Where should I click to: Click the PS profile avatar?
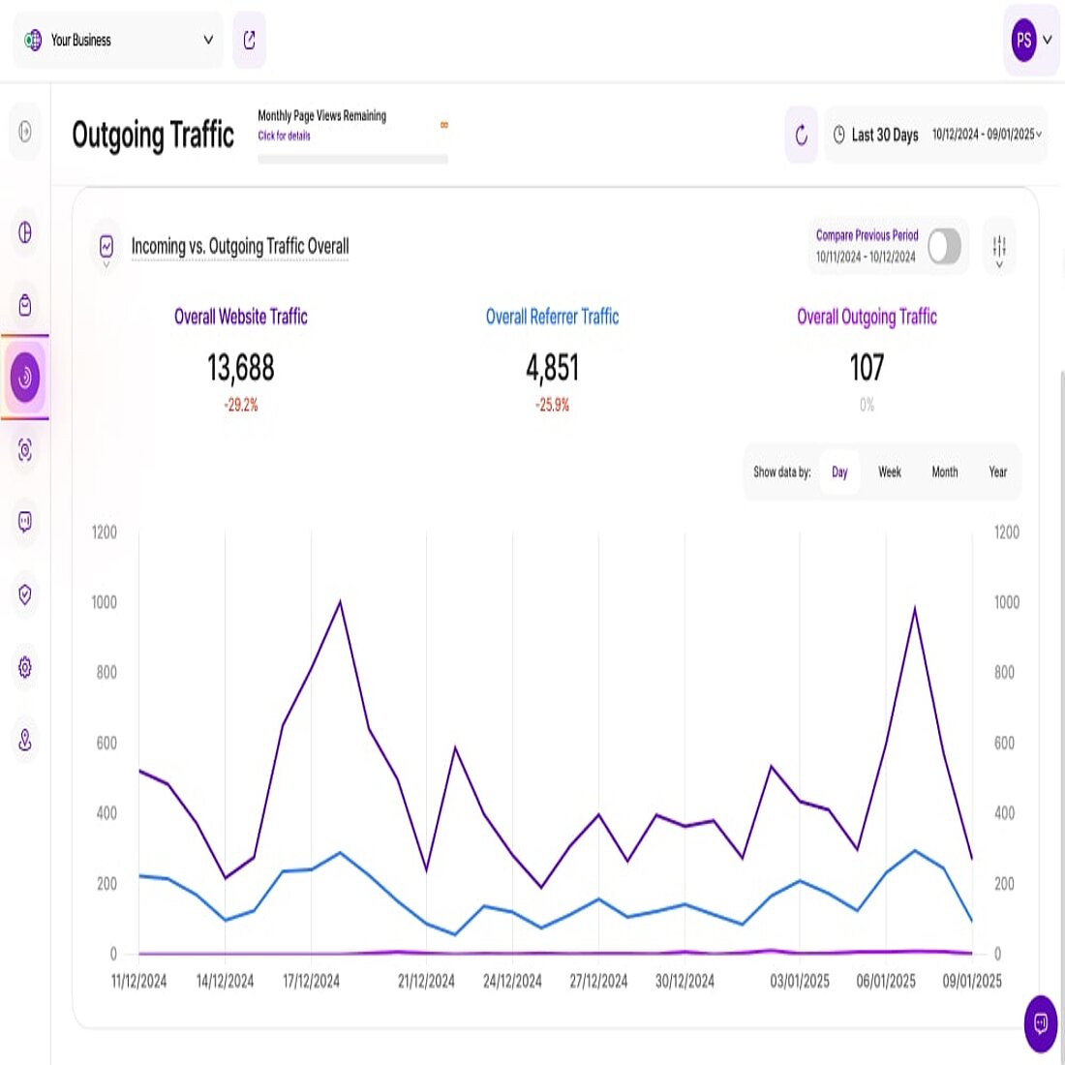(x=1023, y=41)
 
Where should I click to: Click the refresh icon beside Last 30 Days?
(x=801, y=135)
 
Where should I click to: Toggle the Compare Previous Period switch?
(x=944, y=246)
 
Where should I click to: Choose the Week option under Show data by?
(x=889, y=472)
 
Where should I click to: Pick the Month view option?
(x=944, y=472)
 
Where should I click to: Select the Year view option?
(x=997, y=472)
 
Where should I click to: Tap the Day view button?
(x=839, y=472)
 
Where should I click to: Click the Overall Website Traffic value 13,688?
(x=241, y=368)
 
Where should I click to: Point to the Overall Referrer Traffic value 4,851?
(x=552, y=368)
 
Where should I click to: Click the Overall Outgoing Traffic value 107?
(x=867, y=368)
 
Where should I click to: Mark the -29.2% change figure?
(x=241, y=405)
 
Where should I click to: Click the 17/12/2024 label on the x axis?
(x=311, y=981)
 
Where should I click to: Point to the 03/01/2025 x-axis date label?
(x=800, y=981)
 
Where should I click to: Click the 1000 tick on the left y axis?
(x=105, y=602)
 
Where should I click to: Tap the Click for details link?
(x=284, y=137)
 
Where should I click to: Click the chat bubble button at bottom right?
(x=1041, y=1022)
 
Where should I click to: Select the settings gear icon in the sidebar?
(x=25, y=667)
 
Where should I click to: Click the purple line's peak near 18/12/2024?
(x=340, y=601)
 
